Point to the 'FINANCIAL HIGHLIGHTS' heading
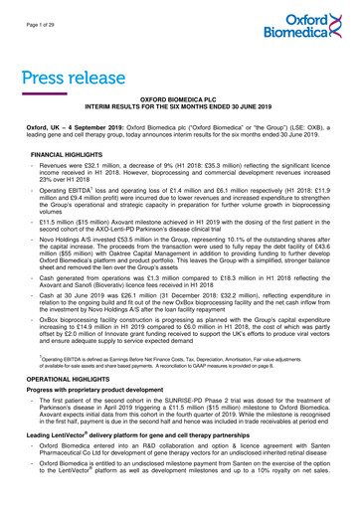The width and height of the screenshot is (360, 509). point(68,157)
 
